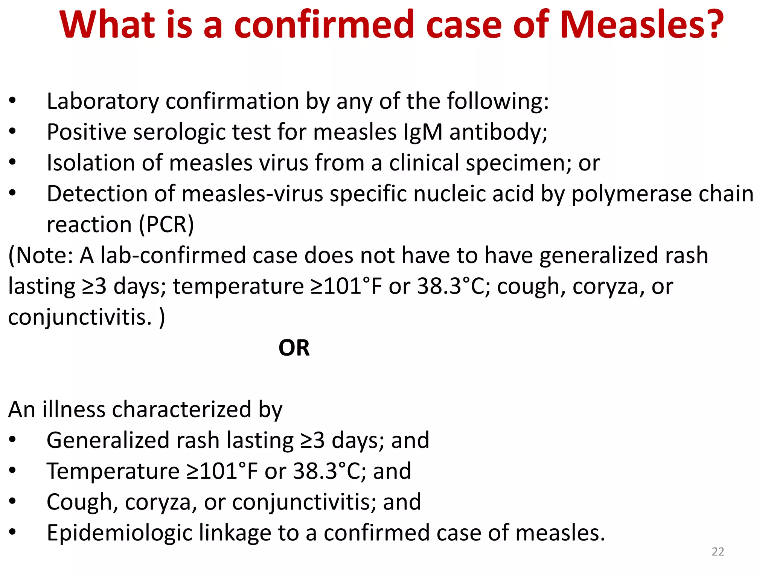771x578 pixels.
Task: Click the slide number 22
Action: tap(718, 552)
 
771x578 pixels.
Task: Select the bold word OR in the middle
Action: tap(294, 348)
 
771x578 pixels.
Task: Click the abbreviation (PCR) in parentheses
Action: tap(166, 225)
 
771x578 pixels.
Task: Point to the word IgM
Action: tap(422, 132)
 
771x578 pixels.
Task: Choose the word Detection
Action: tap(98, 194)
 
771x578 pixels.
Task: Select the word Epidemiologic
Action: tap(119, 533)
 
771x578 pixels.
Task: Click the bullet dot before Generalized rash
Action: tap(13, 440)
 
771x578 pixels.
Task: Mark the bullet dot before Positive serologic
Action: tap(13, 132)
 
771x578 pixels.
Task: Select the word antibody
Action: tap(498, 133)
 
